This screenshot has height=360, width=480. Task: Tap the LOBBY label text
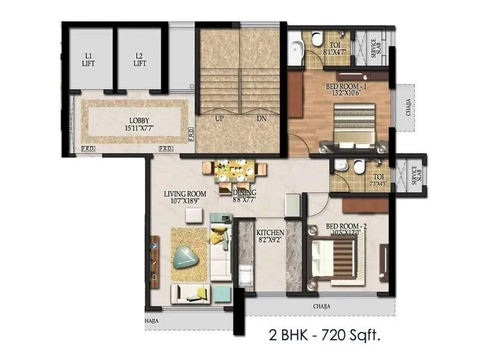point(139,124)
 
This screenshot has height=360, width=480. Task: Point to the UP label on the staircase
point(219,119)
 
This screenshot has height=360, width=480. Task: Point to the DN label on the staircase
point(262,119)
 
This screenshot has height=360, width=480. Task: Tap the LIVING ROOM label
point(185,197)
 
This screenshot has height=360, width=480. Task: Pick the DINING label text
point(244,196)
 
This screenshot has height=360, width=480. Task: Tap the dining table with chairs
point(235,170)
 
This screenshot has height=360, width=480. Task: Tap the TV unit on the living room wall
point(155,262)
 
